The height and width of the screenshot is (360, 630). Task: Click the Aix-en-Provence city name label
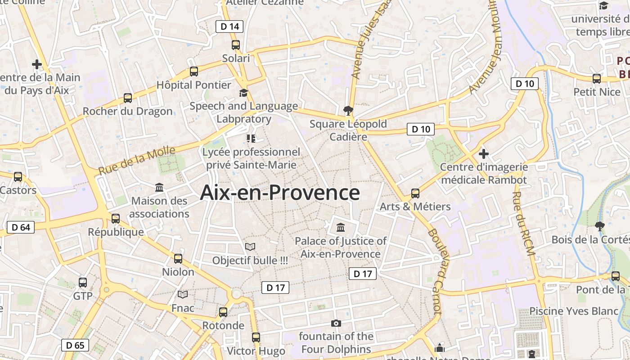pyautogui.click(x=279, y=193)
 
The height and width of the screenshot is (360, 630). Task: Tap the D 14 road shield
pyautogui.click(x=229, y=27)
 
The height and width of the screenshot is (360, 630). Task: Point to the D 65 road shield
pyautogui.click(x=75, y=346)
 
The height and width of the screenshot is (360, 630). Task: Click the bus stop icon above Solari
pyautogui.click(x=236, y=45)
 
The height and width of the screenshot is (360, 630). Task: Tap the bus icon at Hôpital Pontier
pyautogui.click(x=194, y=71)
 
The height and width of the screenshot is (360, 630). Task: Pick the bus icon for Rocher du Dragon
pyautogui.click(x=128, y=98)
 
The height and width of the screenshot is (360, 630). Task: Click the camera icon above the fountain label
pyautogui.click(x=336, y=323)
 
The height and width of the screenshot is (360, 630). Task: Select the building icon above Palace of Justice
pyautogui.click(x=341, y=227)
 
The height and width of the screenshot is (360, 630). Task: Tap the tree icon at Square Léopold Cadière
pyautogui.click(x=348, y=110)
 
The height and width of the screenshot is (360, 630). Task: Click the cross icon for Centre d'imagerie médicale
pyautogui.click(x=484, y=154)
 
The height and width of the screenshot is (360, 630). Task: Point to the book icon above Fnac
pyautogui.click(x=183, y=295)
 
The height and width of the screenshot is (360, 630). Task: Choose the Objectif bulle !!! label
pyautogui.click(x=250, y=261)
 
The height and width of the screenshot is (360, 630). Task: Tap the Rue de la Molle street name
pyautogui.click(x=136, y=161)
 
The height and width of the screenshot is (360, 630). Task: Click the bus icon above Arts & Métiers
pyautogui.click(x=415, y=193)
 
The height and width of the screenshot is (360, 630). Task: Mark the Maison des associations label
pyautogui.click(x=159, y=207)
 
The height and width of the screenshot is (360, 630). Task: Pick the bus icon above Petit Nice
pyautogui.click(x=597, y=79)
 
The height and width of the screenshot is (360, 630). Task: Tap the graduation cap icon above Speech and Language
pyautogui.click(x=243, y=93)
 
